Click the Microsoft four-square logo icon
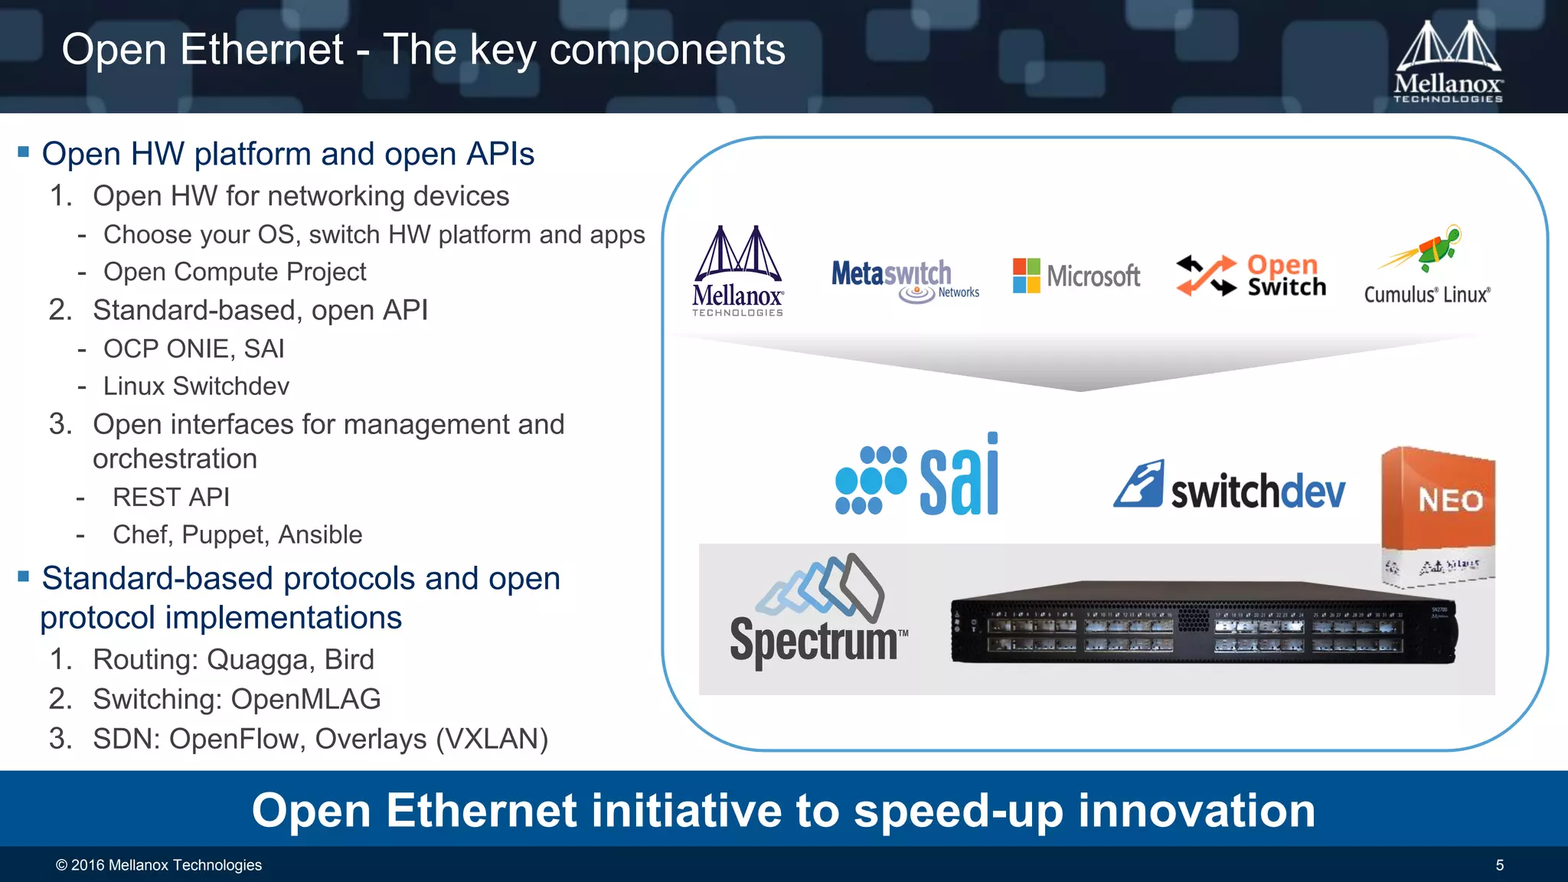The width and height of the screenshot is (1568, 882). coord(1026,276)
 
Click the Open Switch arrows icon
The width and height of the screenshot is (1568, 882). coord(1207,276)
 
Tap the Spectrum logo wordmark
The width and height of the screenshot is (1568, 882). coord(813,640)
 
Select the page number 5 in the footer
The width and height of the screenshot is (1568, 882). coord(1499,865)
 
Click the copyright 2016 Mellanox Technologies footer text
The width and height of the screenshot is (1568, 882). coord(158,865)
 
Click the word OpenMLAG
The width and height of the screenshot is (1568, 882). coord(305,699)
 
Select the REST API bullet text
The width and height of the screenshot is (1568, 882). coord(171,497)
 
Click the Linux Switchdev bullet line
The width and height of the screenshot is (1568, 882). coord(196,386)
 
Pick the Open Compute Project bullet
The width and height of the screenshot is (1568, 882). coord(234,272)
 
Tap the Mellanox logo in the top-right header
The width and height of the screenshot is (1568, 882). coord(1447,61)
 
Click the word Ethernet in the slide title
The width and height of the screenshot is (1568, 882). coord(261,50)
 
